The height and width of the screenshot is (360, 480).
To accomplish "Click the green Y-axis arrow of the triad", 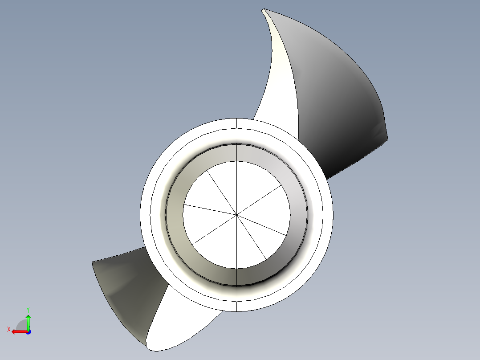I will tap(28, 321).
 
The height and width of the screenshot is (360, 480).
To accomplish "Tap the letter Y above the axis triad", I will tap(28, 309).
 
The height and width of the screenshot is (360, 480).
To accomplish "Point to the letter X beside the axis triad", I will tap(9, 329).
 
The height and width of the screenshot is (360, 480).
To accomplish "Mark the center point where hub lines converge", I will tap(236, 215).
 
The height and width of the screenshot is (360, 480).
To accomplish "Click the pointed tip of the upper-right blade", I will tap(264, 10).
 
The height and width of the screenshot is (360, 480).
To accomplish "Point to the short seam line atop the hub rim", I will tap(236, 123).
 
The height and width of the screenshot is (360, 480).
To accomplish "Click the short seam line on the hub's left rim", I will tap(158, 214).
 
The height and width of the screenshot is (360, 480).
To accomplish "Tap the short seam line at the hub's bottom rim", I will tap(236, 306).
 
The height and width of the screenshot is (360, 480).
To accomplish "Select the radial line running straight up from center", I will tap(236, 187).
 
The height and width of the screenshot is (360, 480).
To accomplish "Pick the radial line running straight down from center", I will tap(236, 243).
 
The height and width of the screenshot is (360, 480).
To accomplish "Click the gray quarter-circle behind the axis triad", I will tap(21, 324).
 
